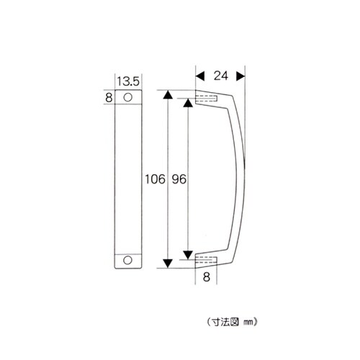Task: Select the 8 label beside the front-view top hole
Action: pos(109,96)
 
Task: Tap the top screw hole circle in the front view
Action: pos(129,96)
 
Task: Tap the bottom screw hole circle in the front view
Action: pos(129,259)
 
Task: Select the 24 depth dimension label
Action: pos(220,74)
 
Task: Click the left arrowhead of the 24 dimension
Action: pos(199,74)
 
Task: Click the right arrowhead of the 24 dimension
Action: pos(241,74)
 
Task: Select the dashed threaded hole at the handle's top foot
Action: pos(207,97)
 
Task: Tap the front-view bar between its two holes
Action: pos(129,178)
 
